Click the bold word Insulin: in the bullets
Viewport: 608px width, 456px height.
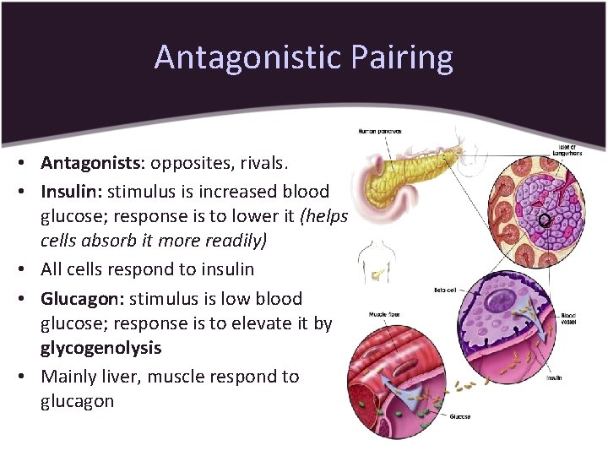[x=71, y=190]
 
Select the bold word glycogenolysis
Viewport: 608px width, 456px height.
[x=100, y=348]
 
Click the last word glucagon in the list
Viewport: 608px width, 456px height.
[x=77, y=401]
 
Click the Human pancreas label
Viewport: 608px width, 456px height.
[x=380, y=131]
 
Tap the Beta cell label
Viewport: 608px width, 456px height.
[x=445, y=290]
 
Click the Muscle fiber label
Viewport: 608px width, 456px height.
[x=383, y=315]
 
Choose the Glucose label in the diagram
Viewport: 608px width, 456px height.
[x=460, y=416]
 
